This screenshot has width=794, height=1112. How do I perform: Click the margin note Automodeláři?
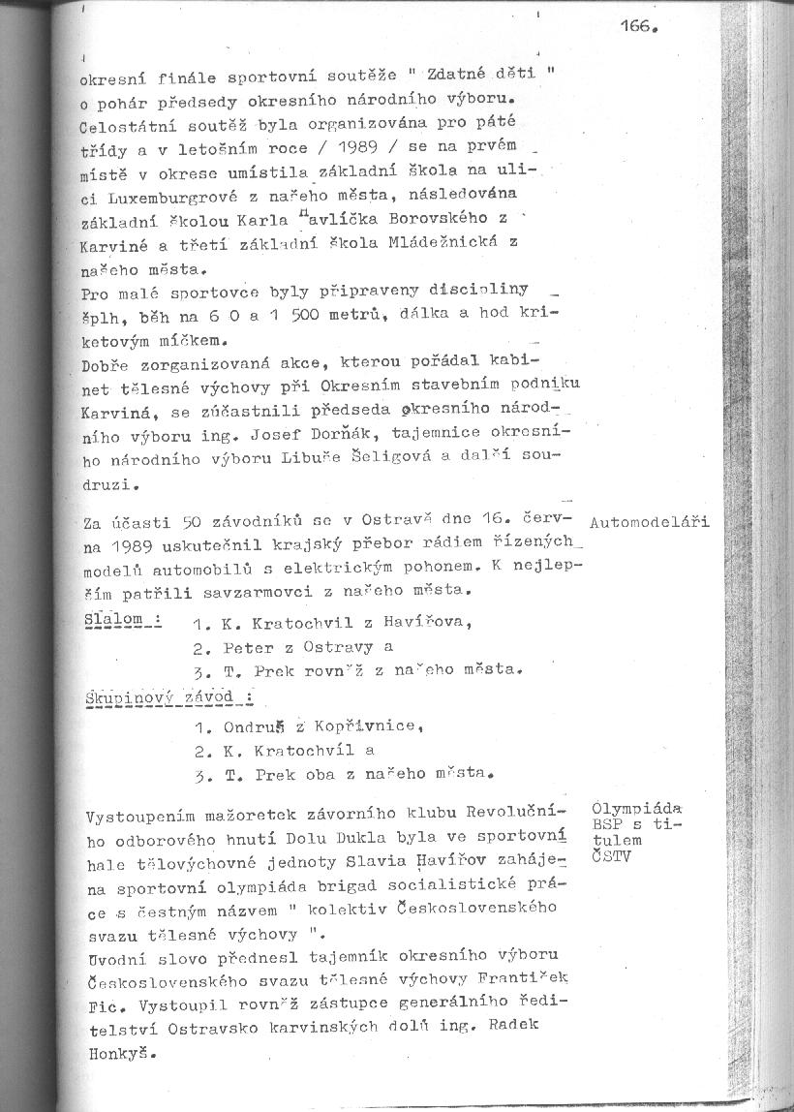pos(649,522)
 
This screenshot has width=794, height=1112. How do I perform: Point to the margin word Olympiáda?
pos(636,807)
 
